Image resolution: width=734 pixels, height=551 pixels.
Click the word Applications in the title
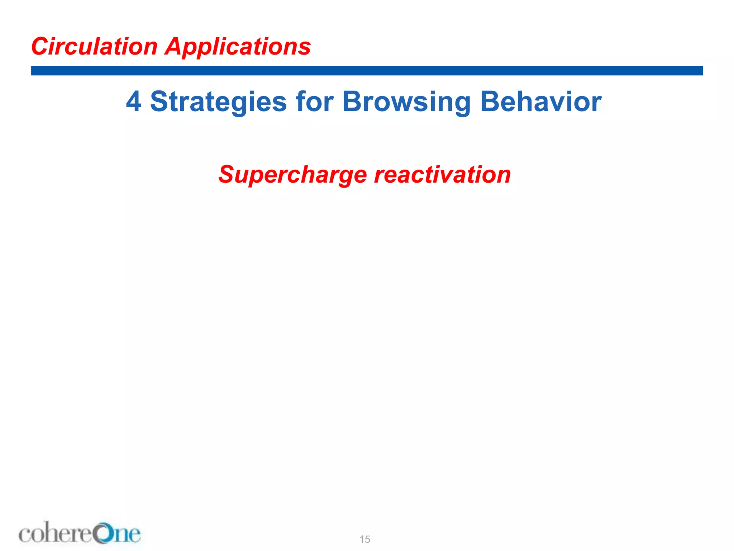tap(238, 47)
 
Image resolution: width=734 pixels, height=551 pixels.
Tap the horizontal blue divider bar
tap(367, 71)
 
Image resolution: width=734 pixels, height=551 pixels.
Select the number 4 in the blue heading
tap(133, 102)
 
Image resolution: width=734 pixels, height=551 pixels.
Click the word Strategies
tap(218, 102)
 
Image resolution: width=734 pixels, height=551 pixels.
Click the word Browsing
tap(406, 102)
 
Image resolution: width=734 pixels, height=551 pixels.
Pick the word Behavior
tap(540, 102)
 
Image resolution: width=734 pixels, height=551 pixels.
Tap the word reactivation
tap(443, 175)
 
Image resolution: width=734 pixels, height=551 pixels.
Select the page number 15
tap(365, 539)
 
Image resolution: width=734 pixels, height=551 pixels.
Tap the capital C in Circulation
tap(40, 47)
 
